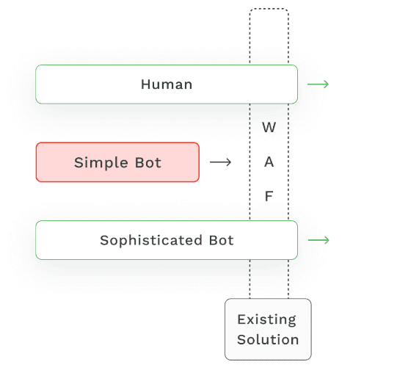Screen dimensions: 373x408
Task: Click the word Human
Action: coord(167,84)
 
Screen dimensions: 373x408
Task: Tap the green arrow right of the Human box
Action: coord(318,84)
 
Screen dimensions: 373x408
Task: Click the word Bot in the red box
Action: coord(147,162)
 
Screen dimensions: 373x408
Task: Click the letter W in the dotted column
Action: coord(269,128)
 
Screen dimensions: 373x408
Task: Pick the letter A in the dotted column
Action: coord(269,162)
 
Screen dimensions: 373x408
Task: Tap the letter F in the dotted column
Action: coord(269,196)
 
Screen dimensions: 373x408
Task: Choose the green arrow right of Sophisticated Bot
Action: coord(318,241)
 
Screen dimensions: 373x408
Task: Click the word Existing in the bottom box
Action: coord(267,319)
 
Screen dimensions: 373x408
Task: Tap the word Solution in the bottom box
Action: coord(268,340)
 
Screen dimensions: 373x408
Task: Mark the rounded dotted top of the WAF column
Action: coord(269,10)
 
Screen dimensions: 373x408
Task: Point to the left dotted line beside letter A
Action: coord(250,162)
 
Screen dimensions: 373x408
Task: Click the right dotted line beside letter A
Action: coord(288,162)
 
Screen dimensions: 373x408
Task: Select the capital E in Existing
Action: coord(241,319)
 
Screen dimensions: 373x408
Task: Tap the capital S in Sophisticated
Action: coord(104,241)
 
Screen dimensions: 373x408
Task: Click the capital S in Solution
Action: coord(241,340)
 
